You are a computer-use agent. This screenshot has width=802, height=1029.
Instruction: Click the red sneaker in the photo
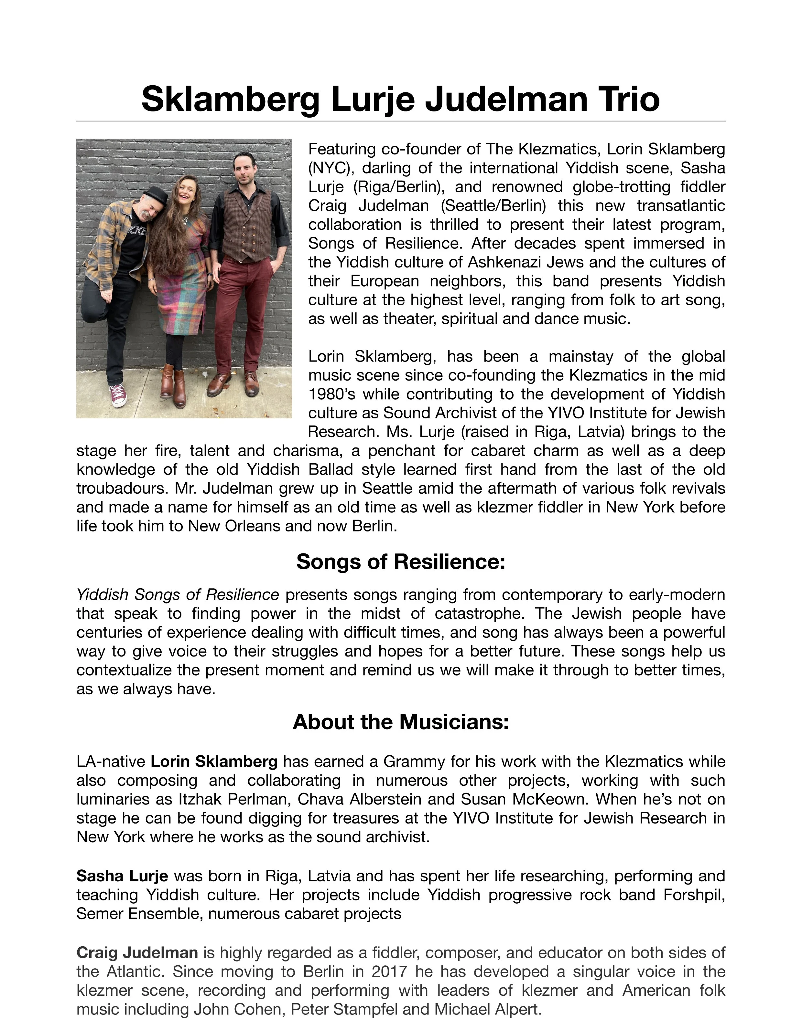click(118, 394)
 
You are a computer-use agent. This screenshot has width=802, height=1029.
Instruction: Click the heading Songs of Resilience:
click(401, 562)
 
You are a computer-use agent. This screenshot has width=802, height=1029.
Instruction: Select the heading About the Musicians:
click(401, 722)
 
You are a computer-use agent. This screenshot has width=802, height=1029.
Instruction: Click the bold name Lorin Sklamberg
click(214, 761)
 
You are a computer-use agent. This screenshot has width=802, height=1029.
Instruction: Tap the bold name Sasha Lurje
click(122, 876)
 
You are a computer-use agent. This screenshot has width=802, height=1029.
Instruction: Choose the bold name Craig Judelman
click(137, 953)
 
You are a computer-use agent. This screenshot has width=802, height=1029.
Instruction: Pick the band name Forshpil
click(694, 895)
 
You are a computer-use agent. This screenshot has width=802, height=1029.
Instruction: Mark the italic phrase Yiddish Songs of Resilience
click(178, 594)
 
